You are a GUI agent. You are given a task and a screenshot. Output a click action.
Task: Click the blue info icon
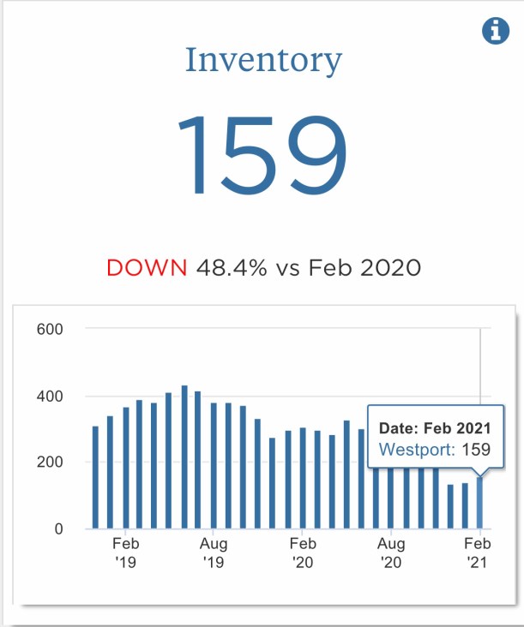click(x=496, y=32)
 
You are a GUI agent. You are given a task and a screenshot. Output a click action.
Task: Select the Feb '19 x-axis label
click(x=125, y=552)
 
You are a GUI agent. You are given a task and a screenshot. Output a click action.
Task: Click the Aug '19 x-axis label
click(x=213, y=552)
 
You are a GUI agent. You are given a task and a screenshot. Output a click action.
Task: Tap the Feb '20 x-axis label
click(x=302, y=552)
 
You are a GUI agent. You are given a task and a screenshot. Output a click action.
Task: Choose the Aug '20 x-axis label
click(x=390, y=552)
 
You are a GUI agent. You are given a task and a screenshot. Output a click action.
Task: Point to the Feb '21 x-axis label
click(x=478, y=552)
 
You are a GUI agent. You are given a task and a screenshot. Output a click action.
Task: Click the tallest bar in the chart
click(x=184, y=458)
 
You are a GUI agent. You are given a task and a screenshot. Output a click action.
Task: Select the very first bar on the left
click(x=95, y=478)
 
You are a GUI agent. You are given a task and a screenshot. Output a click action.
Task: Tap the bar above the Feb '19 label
click(x=125, y=468)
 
